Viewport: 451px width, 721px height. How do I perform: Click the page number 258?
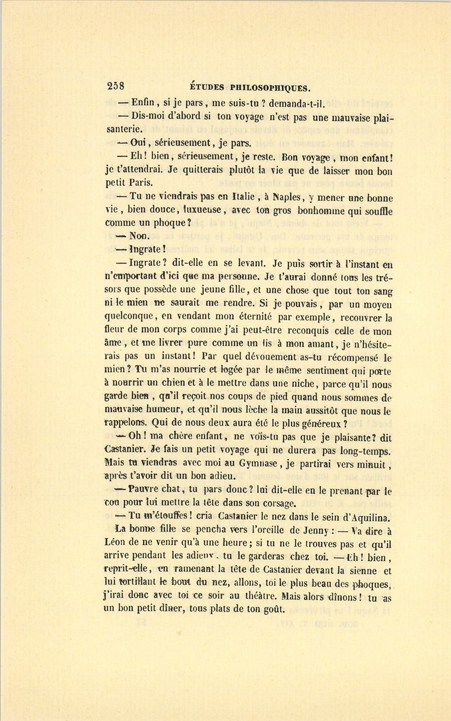[116, 86]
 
